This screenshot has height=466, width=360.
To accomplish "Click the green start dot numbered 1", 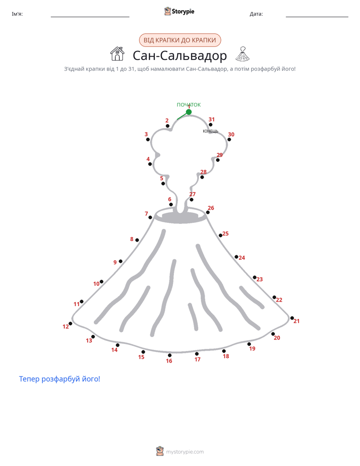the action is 189,112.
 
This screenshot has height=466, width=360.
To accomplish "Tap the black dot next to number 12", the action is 71,324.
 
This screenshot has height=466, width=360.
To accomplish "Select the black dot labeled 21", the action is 292,318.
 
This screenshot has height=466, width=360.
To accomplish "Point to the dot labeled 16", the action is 169,355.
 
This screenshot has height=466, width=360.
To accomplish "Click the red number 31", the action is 211,120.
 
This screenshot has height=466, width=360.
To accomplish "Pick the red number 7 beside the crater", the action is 146,214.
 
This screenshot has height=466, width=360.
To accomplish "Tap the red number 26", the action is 211,208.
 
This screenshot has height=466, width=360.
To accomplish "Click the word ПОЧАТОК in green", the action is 189,104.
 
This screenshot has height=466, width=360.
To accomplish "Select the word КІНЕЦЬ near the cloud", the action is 210,131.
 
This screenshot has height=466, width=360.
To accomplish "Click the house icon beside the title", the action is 117,54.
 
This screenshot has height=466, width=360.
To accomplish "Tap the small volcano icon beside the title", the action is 243,54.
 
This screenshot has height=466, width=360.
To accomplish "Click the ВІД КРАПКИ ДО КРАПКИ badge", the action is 180,40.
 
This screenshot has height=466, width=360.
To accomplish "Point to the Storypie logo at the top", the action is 179,11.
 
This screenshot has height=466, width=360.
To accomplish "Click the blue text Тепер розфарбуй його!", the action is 59,379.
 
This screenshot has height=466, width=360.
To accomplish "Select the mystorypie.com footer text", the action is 185,452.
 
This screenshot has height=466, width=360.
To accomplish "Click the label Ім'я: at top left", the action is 17,14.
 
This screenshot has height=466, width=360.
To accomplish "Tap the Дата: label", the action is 256,14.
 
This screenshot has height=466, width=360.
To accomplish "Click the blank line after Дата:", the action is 317,17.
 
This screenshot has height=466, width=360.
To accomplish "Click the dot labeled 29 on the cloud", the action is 218,160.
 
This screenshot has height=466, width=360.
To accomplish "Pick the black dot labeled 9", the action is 121,261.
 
